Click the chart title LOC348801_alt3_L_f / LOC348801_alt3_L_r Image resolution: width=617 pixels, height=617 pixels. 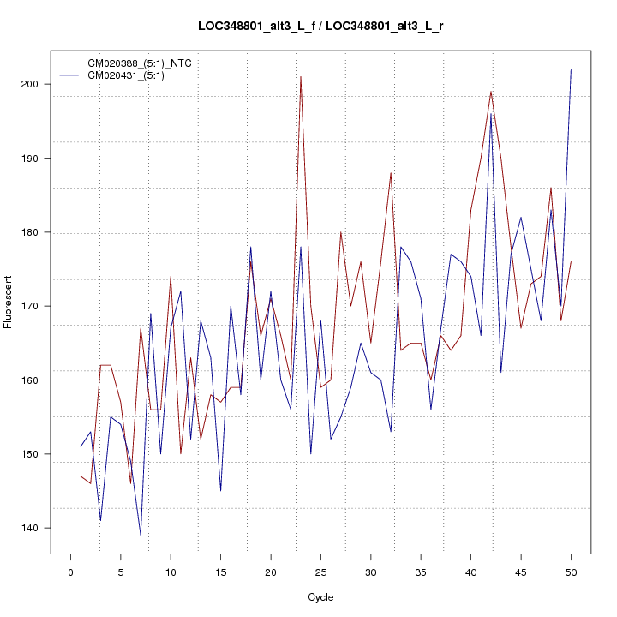point(321,26)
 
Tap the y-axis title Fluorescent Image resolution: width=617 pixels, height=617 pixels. point(9,302)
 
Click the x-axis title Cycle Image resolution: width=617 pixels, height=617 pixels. point(320,597)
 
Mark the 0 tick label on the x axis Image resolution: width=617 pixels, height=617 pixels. point(70,572)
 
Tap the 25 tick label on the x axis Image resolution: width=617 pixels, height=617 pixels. point(320,572)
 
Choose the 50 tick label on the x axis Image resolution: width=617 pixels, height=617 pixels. point(571,572)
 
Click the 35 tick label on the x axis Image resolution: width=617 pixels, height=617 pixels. point(421,572)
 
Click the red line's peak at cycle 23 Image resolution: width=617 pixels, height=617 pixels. point(301,77)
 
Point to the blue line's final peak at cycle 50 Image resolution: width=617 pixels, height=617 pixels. point(571,69)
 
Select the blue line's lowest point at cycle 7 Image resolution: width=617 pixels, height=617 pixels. point(141,535)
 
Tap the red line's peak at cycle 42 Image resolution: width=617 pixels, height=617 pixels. point(491,92)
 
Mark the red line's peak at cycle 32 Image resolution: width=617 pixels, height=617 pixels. point(391,173)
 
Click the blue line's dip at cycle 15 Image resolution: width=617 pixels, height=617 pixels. point(220,490)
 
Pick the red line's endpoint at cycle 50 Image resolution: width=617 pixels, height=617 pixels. point(571,261)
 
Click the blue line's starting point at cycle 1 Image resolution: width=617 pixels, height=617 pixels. point(81,446)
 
